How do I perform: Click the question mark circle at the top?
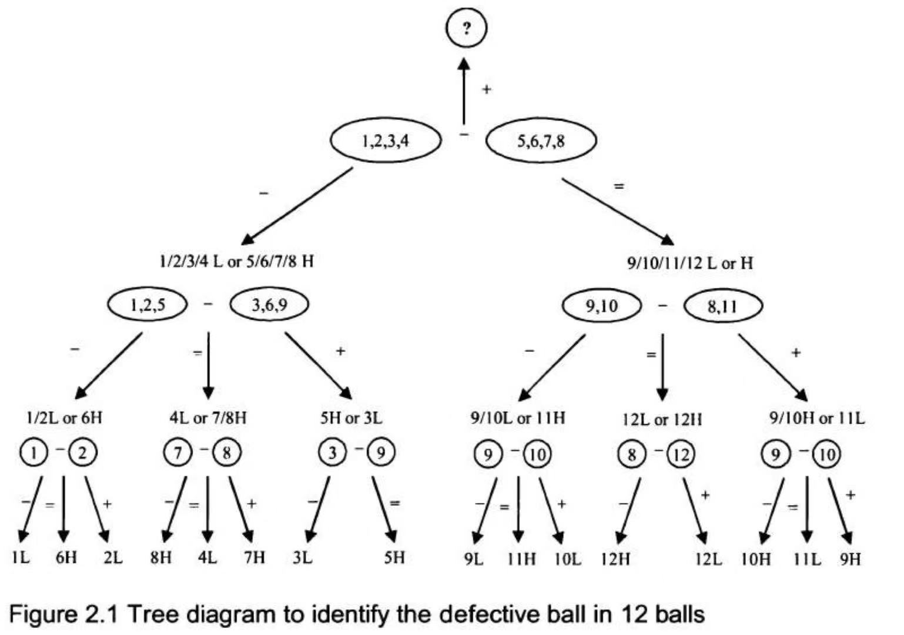pyautogui.click(x=466, y=28)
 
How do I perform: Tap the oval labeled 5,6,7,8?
pyautogui.click(x=541, y=141)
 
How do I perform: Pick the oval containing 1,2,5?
pyautogui.click(x=147, y=305)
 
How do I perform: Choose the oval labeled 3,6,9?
pyautogui.click(x=269, y=305)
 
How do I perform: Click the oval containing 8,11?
pyautogui.click(x=722, y=306)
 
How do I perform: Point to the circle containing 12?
pyautogui.click(x=681, y=454)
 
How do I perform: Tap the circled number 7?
pyautogui.click(x=178, y=453)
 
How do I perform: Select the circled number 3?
pyautogui.click(x=333, y=453)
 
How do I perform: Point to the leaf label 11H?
pyautogui.click(x=521, y=558)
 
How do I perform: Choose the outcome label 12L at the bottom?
pyautogui.click(x=708, y=558)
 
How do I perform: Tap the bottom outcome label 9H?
pyautogui.click(x=850, y=558)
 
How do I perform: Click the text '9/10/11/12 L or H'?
pyautogui.click(x=689, y=263)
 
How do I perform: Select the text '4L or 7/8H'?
pyautogui.click(x=207, y=418)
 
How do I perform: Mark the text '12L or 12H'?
pyautogui.click(x=662, y=419)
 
